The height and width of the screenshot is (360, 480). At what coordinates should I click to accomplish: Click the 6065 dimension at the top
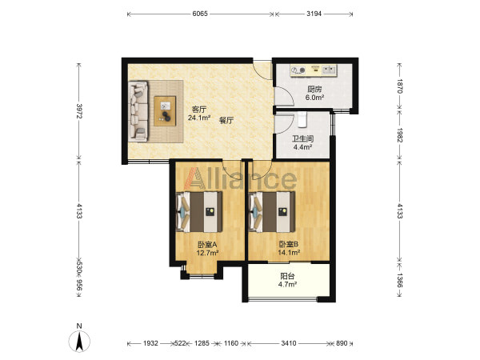click(x=200, y=14)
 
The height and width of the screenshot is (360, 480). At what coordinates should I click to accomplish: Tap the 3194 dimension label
click(x=314, y=14)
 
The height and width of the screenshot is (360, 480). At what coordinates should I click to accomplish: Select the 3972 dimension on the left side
click(x=79, y=110)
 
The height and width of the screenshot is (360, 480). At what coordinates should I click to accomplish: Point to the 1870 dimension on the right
click(x=399, y=86)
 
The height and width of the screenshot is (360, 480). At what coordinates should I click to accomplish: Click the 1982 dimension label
click(x=399, y=134)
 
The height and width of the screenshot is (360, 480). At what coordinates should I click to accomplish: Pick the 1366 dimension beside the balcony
click(x=399, y=280)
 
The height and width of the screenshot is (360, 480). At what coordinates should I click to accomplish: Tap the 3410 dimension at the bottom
click(x=288, y=343)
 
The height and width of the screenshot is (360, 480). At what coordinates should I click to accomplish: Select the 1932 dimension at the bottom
click(x=150, y=343)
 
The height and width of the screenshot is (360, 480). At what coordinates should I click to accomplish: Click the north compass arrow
click(x=79, y=342)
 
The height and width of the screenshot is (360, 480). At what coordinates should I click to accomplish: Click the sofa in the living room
click(x=138, y=111)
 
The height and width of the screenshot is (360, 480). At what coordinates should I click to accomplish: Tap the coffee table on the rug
click(x=165, y=111)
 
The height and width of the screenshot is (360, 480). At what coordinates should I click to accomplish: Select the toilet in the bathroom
click(x=302, y=119)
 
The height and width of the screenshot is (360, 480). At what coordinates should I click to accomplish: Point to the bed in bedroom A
click(x=199, y=211)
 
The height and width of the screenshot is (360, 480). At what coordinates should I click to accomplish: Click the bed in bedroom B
click(x=272, y=211)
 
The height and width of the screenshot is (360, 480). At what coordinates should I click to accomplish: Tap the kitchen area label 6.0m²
click(x=314, y=98)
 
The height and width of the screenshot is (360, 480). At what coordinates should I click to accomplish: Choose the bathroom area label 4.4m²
click(x=302, y=147)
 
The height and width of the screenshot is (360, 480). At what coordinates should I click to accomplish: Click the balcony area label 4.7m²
click(x=287, y=284)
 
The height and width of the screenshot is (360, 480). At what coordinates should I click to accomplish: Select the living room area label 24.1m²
click(x=199, y=118)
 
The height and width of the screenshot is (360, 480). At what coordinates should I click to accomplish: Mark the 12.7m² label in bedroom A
click(x=207, y=253)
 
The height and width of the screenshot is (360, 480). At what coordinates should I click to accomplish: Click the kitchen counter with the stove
click(x=314, y=70)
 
